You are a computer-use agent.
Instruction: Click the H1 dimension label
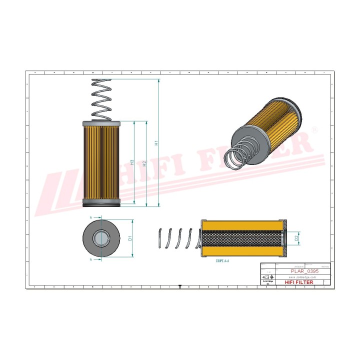(x=156, y=143)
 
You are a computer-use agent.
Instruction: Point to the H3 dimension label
(x=132, y=162)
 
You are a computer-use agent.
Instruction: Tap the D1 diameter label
(x=130, y=238)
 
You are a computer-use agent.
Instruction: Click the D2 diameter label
(x=296, y=238)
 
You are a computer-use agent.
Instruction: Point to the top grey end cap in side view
(x=101, y=123)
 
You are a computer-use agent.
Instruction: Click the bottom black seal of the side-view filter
(x=101, y=203)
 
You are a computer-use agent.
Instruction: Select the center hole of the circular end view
(x=101, y=237)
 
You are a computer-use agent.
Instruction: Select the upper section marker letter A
(x=91, y=218)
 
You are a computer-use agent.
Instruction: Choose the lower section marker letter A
(x=91, y=259)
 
